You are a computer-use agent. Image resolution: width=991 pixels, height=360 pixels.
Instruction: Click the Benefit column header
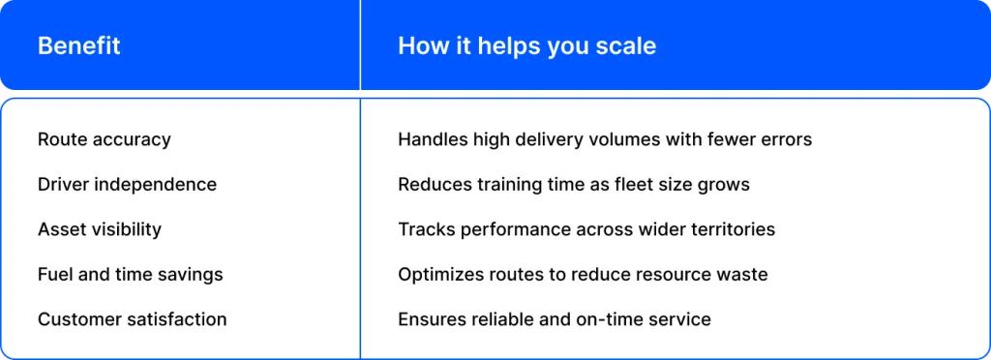(x=79, y=46)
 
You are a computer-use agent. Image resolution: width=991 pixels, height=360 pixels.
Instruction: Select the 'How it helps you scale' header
(x=527, y=46)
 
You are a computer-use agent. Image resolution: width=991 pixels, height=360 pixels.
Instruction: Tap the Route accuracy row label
(x=105, y=139)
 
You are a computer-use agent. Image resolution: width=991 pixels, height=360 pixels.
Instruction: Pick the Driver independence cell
(x=127, y=185)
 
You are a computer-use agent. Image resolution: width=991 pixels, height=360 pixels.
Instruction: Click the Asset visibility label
(x=100, y=229)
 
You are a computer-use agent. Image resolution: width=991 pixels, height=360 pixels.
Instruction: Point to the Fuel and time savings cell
(x=131, y=275)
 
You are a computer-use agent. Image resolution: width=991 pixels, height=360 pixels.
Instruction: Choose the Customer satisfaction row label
(x=132, y=319)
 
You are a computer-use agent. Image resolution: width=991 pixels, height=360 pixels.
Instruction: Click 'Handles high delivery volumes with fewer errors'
(x=605, y=139)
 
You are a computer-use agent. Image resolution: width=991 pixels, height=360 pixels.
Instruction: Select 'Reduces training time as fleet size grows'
(x=574, y=185)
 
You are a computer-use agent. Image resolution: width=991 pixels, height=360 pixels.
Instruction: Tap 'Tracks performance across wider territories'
(x=586, y=229)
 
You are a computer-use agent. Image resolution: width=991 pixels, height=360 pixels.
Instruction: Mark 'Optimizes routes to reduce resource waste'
(x=583, y=275)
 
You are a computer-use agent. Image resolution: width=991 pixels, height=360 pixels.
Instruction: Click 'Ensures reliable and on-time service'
(x=555, y=319)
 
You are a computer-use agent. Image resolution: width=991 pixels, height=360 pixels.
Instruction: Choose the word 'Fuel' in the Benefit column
(x=51, y=275)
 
